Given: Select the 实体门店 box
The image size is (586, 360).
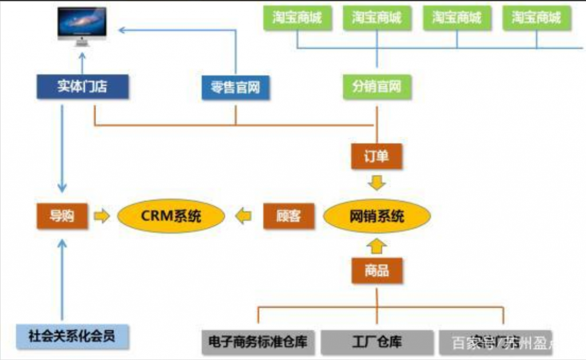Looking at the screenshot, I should (x=82, y=86).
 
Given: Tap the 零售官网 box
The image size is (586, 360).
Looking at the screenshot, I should (x=235, y=88).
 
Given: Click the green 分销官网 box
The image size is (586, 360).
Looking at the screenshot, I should (x=377, y=87).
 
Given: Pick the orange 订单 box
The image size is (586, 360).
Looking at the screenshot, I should (x=376, y=156).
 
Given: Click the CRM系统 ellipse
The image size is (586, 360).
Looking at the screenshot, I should (x=171, y=216).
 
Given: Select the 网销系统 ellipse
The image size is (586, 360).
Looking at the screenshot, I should (x=377, y=216).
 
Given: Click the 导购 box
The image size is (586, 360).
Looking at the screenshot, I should (x=62, y=216).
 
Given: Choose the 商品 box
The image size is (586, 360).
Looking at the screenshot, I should (x=376, y=270).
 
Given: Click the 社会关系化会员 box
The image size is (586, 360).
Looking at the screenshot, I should (x=72, y=335).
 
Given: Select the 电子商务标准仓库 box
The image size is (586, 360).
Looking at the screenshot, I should (x=258, y=342).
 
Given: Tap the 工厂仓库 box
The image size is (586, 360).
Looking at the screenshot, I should (x=377, y=342).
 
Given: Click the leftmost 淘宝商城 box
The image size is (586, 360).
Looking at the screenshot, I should (x=296, y=17).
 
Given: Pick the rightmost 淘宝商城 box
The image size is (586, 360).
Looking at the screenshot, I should (x=536, y=17).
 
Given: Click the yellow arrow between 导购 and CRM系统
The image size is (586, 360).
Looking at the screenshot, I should (x=101, y=216).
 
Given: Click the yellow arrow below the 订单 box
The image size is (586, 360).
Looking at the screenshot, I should (x=376, y=183).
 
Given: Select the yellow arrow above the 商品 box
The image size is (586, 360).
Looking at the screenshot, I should (x=376, y=247).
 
